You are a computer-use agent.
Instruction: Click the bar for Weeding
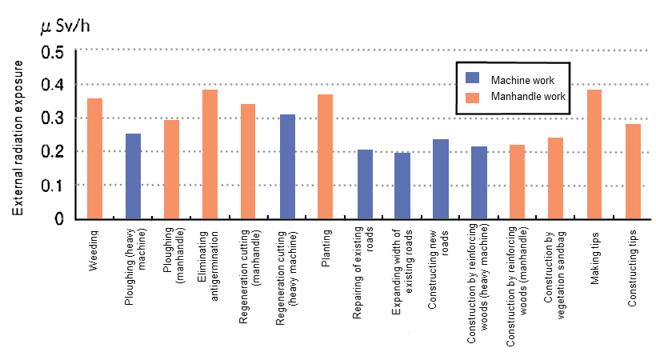pyautogui.click(x=94, y=158)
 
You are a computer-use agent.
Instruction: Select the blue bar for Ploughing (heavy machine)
pyautogui.click(x=133, y=176)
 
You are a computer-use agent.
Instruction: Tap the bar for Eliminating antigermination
pyautogui.click(x=210, y=154)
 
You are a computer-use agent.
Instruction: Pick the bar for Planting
pyautogui.click(x=325, y=156)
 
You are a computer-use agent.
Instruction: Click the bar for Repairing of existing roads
pyautogui.click(x=365, y=184)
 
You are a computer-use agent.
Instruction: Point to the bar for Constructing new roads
pyautogui.click(x=440, y=178)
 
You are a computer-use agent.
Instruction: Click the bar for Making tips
pyautogui.click(x=594, y=154)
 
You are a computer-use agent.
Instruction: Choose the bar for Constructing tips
pyautogui.click(x=632, y=171)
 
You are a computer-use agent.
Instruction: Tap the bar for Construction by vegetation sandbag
pyautogui.click(x=555, y=178)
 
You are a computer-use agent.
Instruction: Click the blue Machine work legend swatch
pyautogui.click(x=473, y=80)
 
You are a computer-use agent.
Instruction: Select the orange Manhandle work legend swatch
pyautogui.click(x=473, y=96)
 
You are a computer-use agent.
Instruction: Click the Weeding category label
pyautogui.click(x=94, y=248)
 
